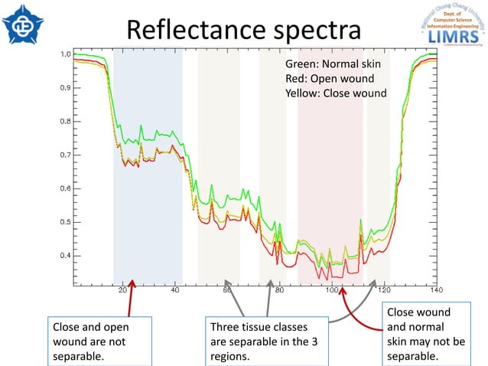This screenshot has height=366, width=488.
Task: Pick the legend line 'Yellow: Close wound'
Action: click(335, 93)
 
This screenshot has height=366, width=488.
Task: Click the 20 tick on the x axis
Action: click(123, 290)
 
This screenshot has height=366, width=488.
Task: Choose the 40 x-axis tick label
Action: click(175, 290)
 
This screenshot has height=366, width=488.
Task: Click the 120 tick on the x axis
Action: click(384, 290)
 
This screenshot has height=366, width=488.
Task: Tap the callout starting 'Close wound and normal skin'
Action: click(425, 335)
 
